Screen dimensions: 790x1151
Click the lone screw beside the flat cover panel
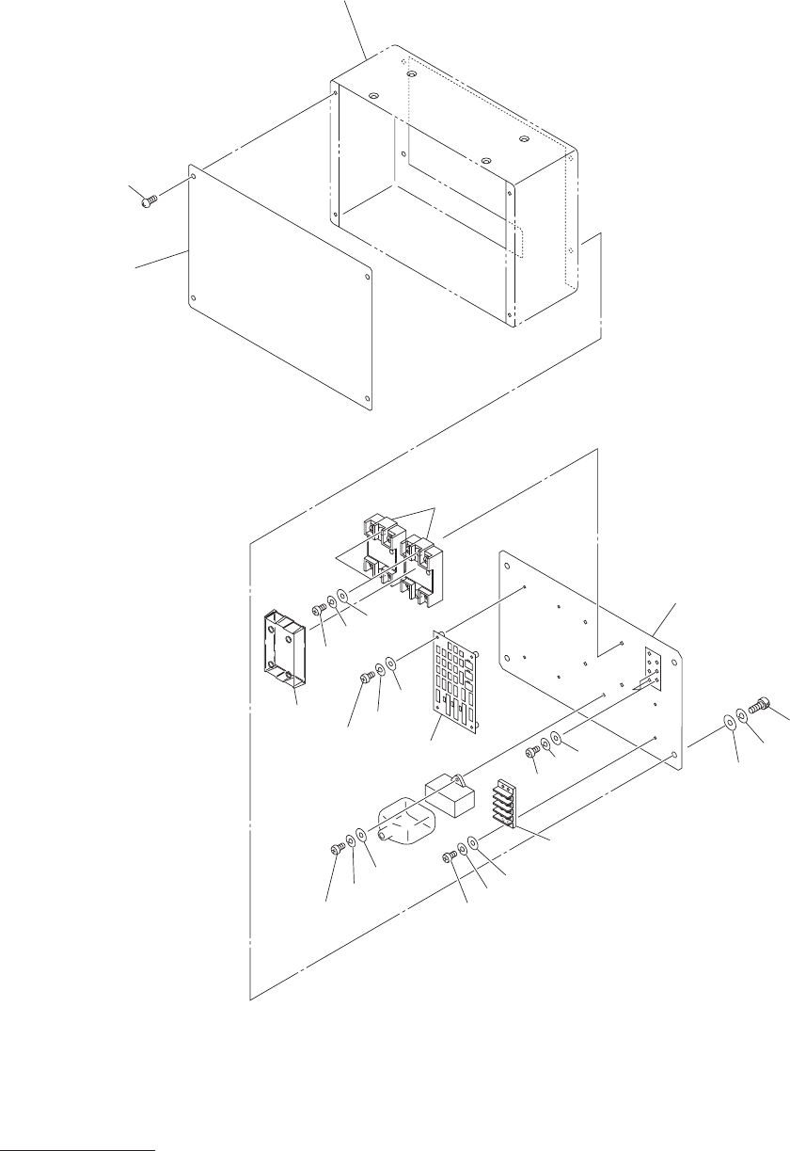(x=147, y=200)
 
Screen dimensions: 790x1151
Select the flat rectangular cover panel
(x=282, y=287)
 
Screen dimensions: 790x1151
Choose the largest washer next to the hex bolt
(x=729, y=723)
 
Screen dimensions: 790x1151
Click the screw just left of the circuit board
(x=367, y=679)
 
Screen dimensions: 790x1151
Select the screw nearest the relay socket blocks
(x=318, y=609)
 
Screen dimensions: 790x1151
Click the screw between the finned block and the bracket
(x=533, y=750)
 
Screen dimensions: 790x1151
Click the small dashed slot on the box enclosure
(x=515, y=241)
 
